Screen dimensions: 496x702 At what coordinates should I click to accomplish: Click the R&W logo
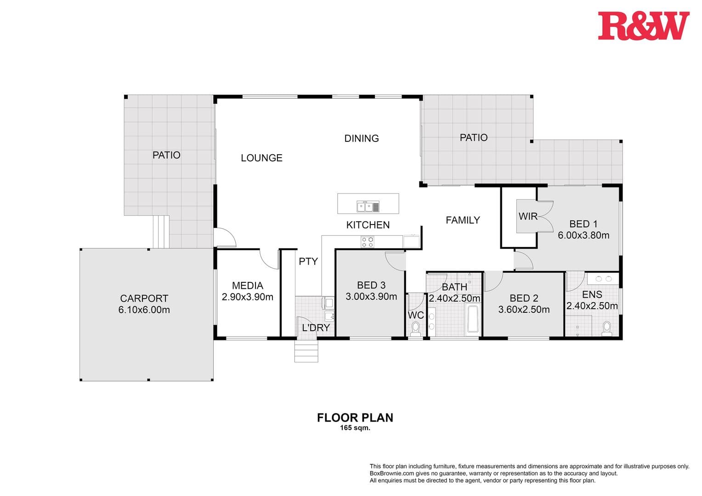pos(643,26)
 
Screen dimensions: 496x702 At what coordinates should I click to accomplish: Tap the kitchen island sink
pos(368,207)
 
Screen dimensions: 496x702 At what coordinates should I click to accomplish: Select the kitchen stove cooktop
pos(367,242)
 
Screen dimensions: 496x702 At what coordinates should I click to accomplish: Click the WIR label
pos(527,216)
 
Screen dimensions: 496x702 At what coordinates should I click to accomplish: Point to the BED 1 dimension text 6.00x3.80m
pos(583,236)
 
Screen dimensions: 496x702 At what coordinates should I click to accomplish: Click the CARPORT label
pos(144,299)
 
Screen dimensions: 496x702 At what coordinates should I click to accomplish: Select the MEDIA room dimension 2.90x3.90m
pos(247,297)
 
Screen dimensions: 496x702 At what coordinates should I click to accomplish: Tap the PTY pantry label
pos(308,261)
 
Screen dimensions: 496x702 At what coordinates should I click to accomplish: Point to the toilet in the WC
pos(416,329)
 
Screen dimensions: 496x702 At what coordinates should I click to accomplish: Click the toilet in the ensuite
pos(606,329)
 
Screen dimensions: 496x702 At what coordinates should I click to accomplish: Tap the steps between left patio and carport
pos(161,232)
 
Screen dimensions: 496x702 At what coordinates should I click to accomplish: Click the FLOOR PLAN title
pos(355,417)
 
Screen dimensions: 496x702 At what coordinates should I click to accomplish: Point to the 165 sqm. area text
pos(355,428)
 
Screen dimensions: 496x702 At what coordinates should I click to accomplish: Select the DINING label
pos(362,138)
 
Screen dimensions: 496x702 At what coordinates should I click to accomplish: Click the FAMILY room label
pos(463,220)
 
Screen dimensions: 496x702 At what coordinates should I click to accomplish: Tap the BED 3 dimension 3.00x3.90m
pos(371,297)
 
